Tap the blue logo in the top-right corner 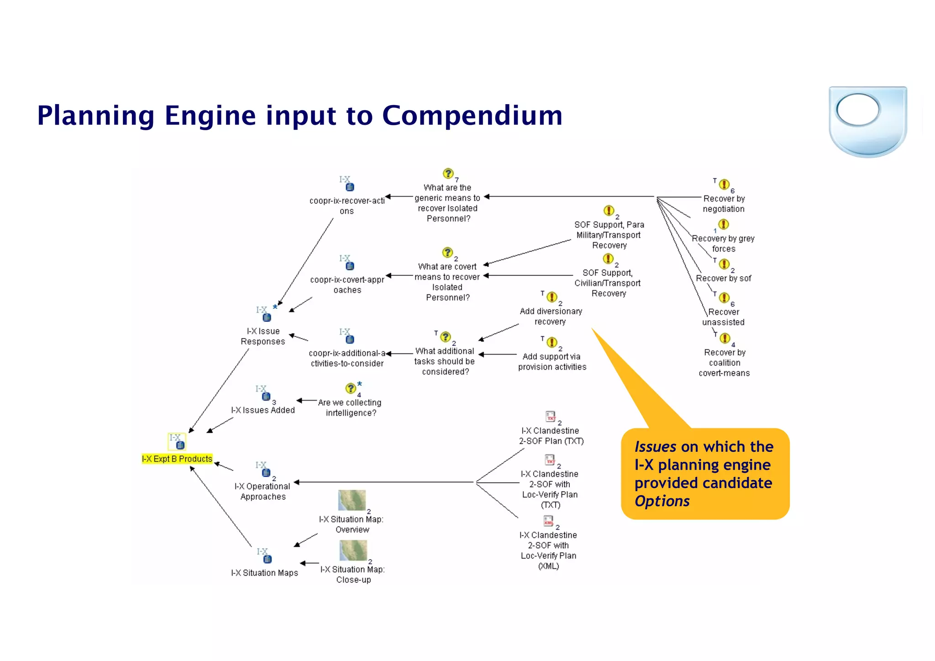(x=867, y=121)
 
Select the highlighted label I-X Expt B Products (x=177, y=459)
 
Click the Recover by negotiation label (x=724, y=204)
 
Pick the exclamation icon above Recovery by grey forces (x=724, y=224)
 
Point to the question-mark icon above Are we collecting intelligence (x=351, y=388)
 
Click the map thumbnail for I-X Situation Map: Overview (x=352, y=500)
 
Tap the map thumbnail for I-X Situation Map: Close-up (x=353, y=550)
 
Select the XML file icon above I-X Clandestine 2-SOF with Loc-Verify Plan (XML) (x=548, y=521)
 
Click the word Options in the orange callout (x=662, y=501)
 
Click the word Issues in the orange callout (x=655, y=446)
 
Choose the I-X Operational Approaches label (x=263, y=492)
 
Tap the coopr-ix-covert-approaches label (x=347, y=285)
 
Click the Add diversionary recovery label (x=551, y=316)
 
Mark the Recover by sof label (x=723, y=278)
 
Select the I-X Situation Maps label (x=264, y=573)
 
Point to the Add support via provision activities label (x=552, y=361)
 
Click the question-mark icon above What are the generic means (x=448, y=174)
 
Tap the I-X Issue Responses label (x=263, y=336)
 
